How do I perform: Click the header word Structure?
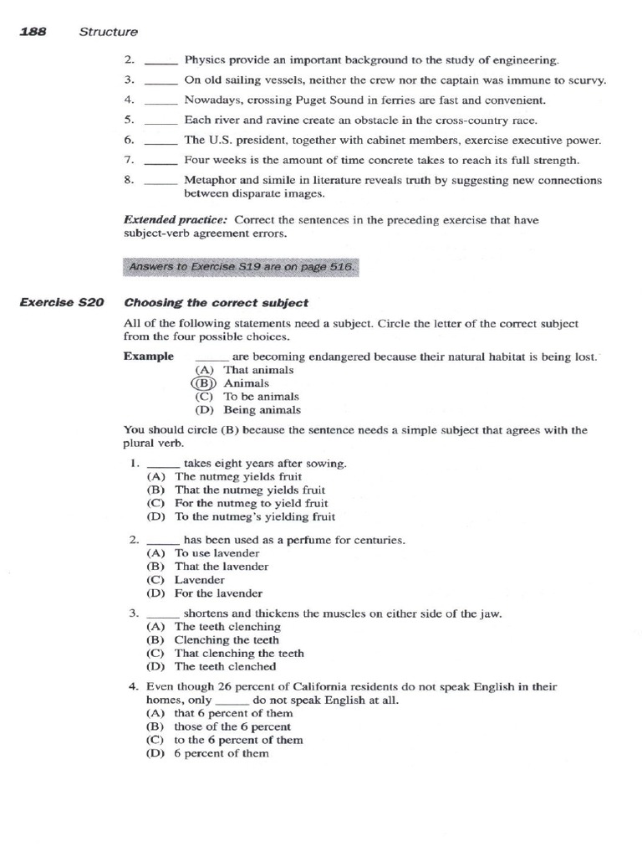[109, 32]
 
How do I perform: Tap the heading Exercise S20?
[62, 303]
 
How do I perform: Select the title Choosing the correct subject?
[216, 303]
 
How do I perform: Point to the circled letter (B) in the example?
[205, 383]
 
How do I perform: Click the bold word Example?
[149, 356]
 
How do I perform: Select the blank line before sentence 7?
[160, 160]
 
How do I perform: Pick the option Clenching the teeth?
[227, 640]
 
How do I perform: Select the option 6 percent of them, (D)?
[222, 753]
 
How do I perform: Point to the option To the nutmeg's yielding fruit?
[255, 516]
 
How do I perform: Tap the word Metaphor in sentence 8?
[208, 180]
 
